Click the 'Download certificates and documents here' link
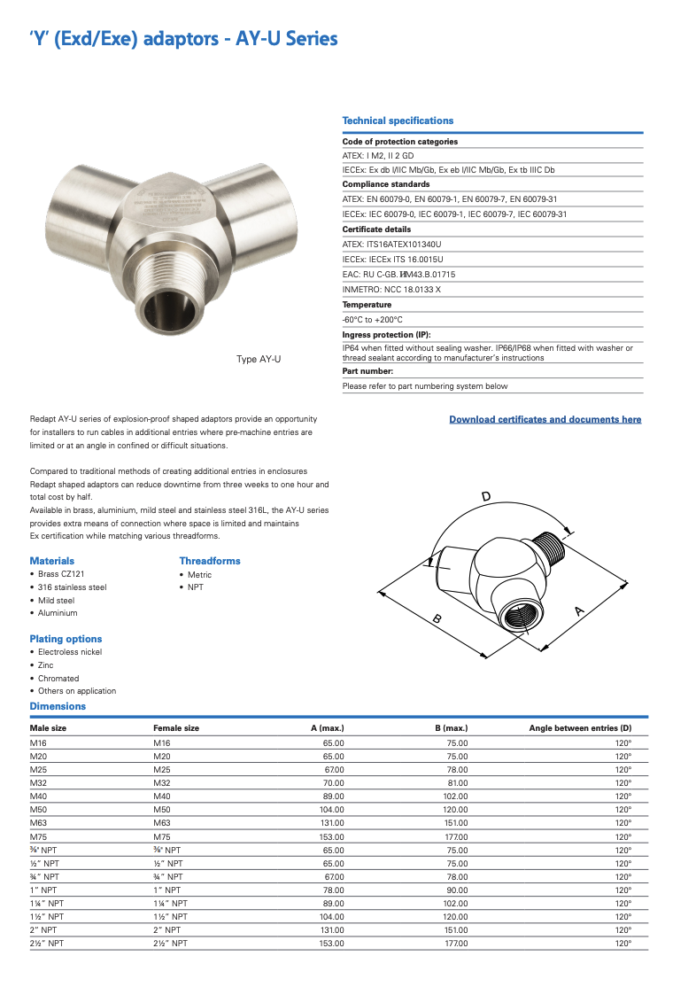coord(545,419)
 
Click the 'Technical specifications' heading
coord(398,120)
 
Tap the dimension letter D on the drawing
coord(485,496)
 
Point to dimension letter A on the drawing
coord(579,610)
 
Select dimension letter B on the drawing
coord(437,620)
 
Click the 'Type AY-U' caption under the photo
coord(259,359)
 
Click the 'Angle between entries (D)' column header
coord(580,728)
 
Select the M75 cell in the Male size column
coord(39,836)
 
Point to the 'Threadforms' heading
coord(210,561)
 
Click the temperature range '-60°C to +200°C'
coord(373,319)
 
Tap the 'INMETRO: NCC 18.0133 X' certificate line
coord(391,290)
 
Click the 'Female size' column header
coord(176,728)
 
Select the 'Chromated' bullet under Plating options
coord(58,679)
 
